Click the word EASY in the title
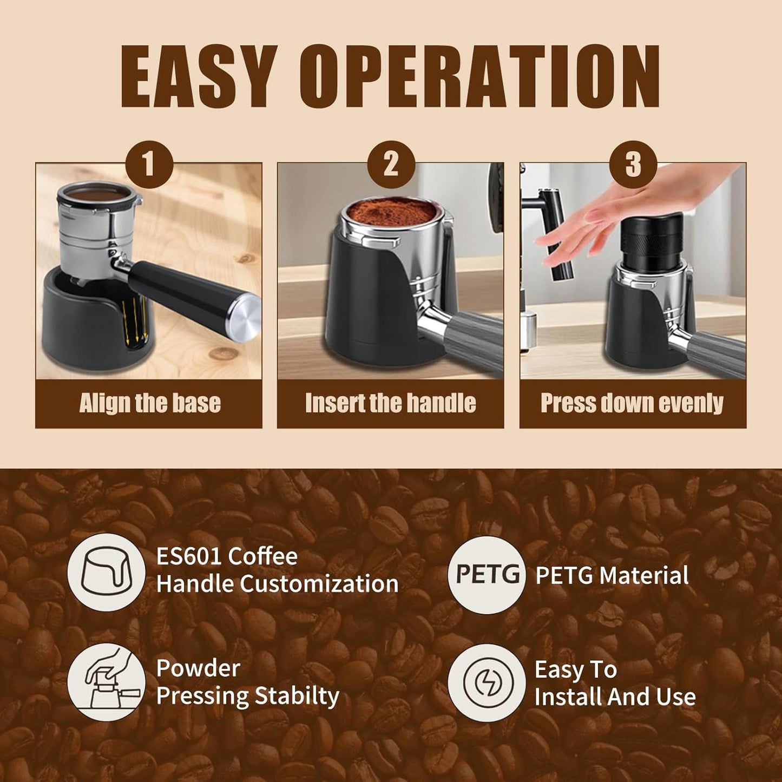[x=199, y=77]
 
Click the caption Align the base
[x=149, y=404]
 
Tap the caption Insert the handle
[x=390, y=404]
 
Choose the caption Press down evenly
[x=632, y=404]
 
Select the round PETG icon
[x=487, y=575]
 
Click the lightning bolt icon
[x=487, y=683]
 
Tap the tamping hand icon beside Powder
[x=107, y=682]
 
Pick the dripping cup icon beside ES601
[x=107, y=571]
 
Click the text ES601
[x=188, y=556]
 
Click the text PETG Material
[x=612, y=575]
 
